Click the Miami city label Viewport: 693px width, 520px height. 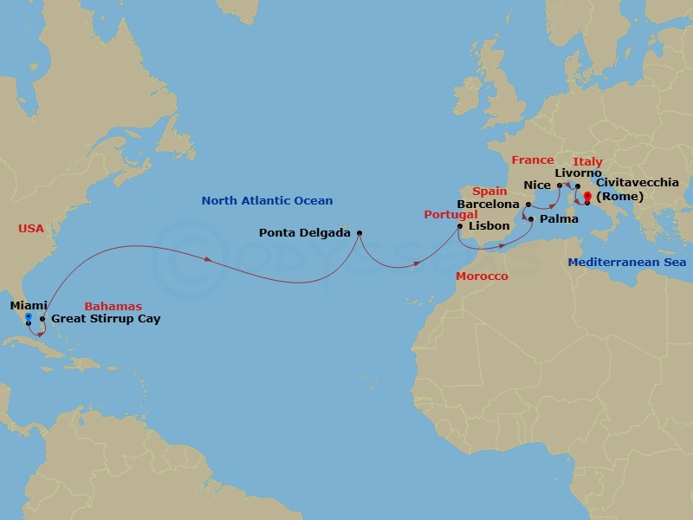tap(29, 305)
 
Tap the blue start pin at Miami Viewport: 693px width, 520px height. tap(29, 318)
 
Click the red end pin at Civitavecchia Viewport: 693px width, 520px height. tap(587, 197)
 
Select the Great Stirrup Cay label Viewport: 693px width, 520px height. tap(106, 319)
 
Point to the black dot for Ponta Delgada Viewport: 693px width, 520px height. tap(359, 232)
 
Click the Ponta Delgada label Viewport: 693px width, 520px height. tap(305, 232)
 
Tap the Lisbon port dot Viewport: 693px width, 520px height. tap(460, 226)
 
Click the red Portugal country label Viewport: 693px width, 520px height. tap(450, 214)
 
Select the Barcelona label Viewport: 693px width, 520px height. tap(488, 205)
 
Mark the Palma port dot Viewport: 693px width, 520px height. tap(530, 219)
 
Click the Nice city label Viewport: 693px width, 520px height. tap(537, 185)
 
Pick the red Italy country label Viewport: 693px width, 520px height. tap(587, 161)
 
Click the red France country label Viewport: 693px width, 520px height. tap(532, 160)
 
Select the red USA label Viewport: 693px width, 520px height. tap(30, 229)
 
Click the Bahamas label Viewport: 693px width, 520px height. tap(113, 306)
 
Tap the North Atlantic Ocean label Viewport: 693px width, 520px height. tap(267, 201)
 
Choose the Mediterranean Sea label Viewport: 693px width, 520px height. tap(627, 262)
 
